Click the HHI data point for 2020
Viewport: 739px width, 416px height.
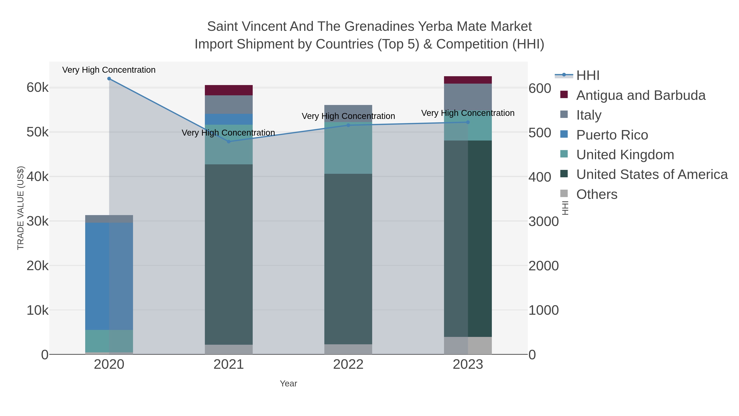click(x=109, y=79)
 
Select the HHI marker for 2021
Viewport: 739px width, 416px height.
click(x=229, y=142)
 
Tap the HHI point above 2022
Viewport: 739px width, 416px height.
click(x=348, y=125)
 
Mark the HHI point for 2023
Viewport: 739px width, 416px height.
click(x=468, y=122)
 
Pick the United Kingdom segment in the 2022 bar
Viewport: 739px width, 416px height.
click(x=348, y=148)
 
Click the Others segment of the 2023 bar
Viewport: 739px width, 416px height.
click(x=468, y=345)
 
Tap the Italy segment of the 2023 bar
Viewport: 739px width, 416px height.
click(x=468, y=97)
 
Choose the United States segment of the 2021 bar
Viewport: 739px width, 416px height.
click(x=229, y=254)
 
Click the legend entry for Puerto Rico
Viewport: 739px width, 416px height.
click(x=612, y=135)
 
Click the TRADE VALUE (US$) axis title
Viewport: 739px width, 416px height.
click(x=21, y=208)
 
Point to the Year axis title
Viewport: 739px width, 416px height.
click(x=288, y=384)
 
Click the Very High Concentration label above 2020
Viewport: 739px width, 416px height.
click(x=109, y=70)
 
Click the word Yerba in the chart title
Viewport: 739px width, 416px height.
click(x=435, y=27)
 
